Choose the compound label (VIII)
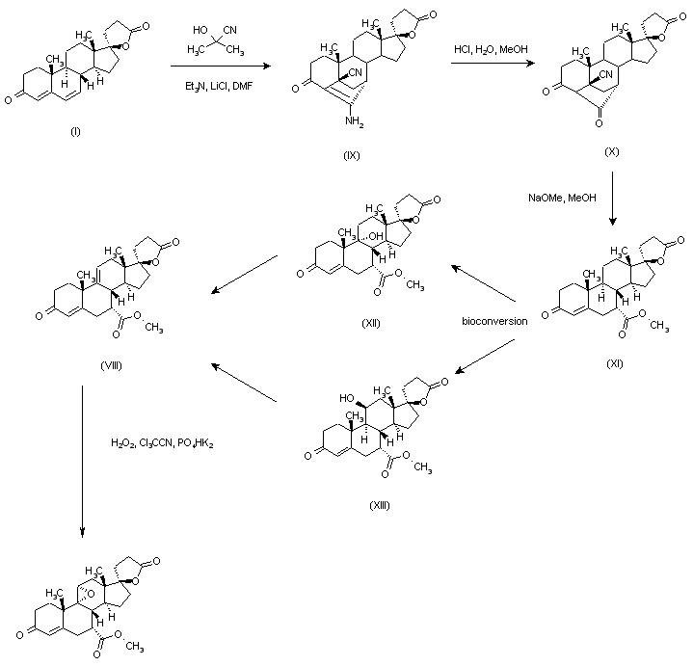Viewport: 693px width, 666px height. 109,365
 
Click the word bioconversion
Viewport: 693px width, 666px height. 493,321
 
